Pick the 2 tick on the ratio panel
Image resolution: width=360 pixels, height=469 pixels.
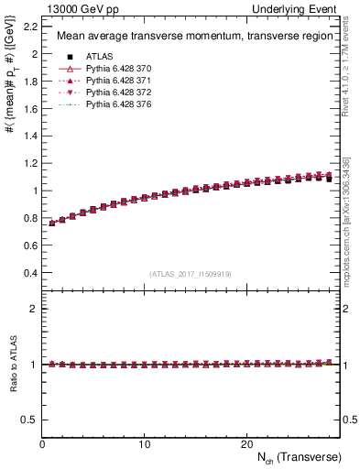click(33, 309)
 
